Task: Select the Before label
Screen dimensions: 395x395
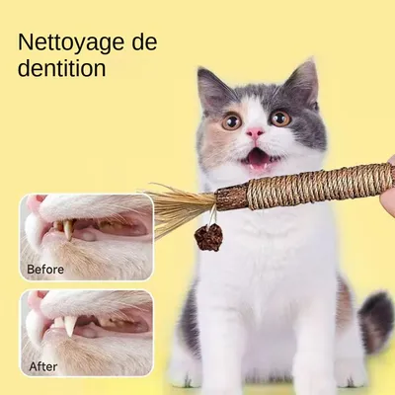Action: point(44,268)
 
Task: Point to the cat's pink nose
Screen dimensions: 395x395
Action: point(255,131)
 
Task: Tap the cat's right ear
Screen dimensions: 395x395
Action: point(303,81)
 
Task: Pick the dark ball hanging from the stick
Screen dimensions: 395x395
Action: point(208,237)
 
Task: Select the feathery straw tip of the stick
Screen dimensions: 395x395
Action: point(178,205)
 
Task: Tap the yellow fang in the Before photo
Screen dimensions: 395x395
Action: point(66,229)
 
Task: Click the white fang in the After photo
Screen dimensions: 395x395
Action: point(70,325)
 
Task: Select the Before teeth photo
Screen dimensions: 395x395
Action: point(86,237)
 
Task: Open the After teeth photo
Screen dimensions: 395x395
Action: point(86,333)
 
